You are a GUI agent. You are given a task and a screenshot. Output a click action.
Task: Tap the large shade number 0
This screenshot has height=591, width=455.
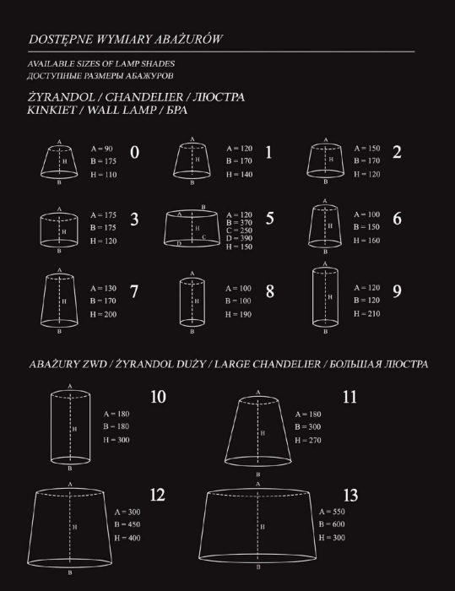pos(135,153)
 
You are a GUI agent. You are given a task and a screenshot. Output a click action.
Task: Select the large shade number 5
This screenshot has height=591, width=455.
pos(269,219)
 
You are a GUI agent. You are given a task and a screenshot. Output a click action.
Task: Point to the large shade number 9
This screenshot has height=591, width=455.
pos(397,291)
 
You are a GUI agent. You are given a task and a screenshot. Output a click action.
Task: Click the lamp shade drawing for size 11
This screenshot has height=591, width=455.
pos(257,432)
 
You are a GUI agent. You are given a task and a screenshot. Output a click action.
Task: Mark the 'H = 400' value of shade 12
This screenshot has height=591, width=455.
pos(129,538)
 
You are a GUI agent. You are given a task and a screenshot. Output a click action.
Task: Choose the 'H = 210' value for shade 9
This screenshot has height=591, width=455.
pos(367,314)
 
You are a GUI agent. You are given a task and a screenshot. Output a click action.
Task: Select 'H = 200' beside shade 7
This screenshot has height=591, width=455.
pos(106,314)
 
